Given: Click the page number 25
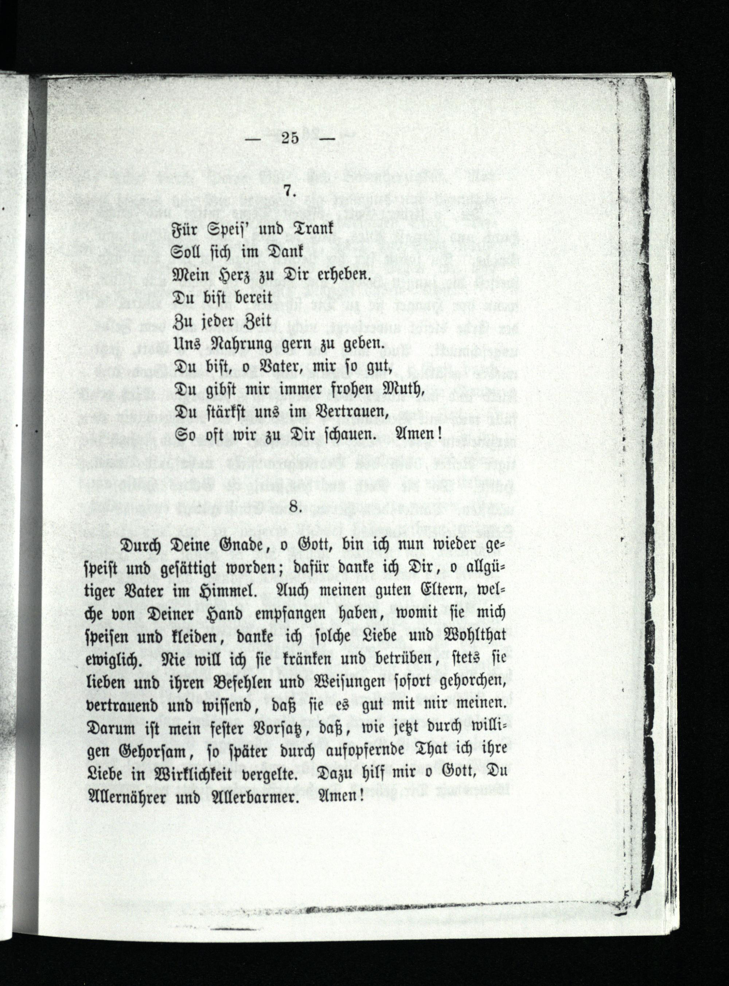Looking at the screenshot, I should [x=289, y=138].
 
